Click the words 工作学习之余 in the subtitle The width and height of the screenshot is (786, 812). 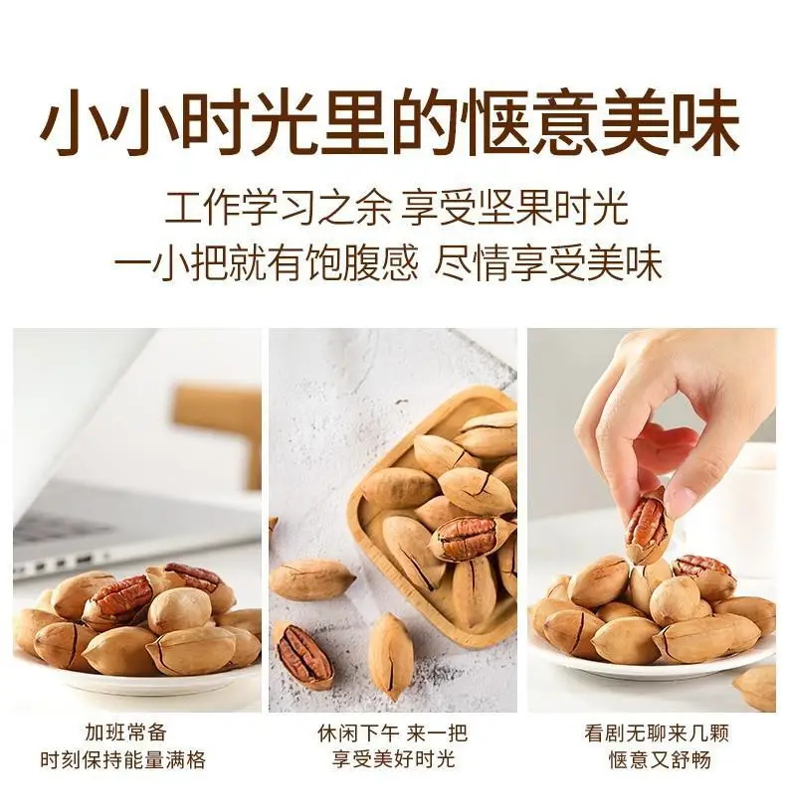(x=277, y=208)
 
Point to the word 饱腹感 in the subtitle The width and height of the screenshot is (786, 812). (x=361, y=263)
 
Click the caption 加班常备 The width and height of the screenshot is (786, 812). (x=126, y=732)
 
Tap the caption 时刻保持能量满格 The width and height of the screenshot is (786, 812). (x=123, y=759)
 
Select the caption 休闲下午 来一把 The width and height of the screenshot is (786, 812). (x=392, y=732)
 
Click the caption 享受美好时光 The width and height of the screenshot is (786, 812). (x=394, y=759)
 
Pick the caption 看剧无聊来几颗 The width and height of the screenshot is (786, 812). (x=657, y=732)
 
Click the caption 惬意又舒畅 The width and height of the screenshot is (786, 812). (x=660, y=759)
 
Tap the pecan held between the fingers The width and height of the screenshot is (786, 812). (x=647, y=525)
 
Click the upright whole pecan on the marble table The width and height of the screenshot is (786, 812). (x=391, y=656)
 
